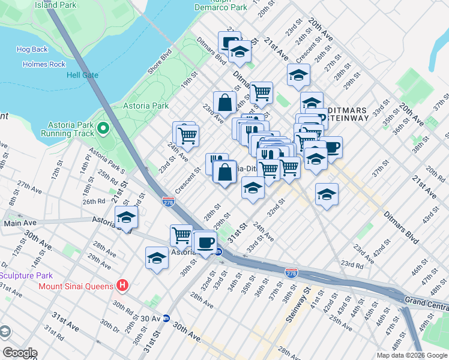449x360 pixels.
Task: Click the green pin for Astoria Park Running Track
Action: pyautogui.click(x=103, y=128)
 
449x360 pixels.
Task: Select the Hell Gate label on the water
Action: pyautogui.click(x=82, y=75)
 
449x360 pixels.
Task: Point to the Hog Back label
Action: pyautogui.click(x=32, y=50)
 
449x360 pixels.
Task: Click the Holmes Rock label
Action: pyautogui.click(x=44, y=64)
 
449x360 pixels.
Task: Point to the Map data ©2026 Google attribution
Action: pyautogui.click(x=412, y=355)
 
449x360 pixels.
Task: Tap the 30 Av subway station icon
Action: pyautogui.click(x=167, y=318)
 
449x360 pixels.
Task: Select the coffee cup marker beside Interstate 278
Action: pyautogui.click(x=205, y=243)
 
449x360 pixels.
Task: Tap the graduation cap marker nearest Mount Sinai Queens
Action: pyautogui.click(x=157, y=258)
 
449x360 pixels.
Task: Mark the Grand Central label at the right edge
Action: pyautogui.click(x=426, y=299)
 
